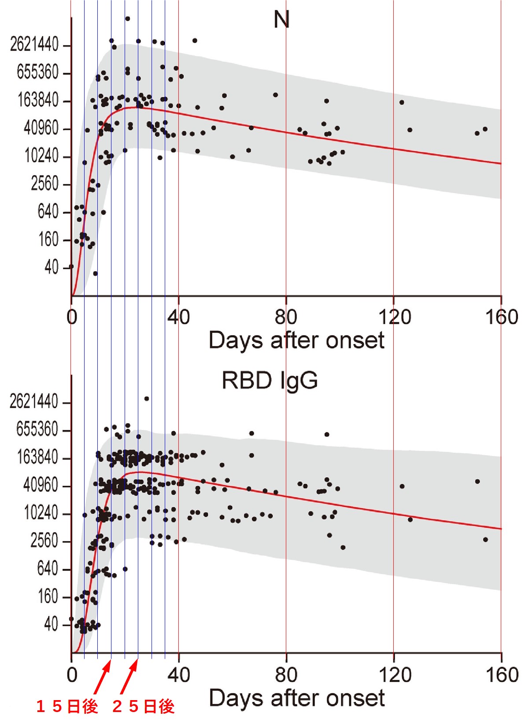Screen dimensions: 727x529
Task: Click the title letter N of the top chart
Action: [281, 20]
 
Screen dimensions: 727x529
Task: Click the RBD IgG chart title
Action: [270, 380]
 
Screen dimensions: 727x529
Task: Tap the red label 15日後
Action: [67, 707]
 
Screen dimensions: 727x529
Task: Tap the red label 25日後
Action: [144, 707]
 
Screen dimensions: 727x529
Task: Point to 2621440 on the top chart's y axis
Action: [34, 45]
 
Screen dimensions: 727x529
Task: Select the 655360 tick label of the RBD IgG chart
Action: [37, 429]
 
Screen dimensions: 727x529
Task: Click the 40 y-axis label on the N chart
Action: [51, 267]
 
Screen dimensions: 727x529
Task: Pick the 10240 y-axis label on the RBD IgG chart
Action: [41, 513]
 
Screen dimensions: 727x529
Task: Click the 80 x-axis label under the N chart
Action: [286, 317]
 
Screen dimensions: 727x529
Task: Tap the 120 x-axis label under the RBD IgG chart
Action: [394, 675]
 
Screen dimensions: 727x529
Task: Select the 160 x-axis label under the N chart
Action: [501, 317]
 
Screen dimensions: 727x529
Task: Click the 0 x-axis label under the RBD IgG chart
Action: [72, 675]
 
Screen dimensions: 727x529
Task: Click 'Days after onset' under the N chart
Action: [296, 340]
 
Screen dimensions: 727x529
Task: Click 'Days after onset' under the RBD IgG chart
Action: [296, 698]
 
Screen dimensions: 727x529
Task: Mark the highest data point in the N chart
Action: [127, 19]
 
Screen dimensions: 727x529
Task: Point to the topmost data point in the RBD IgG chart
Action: [147, 399]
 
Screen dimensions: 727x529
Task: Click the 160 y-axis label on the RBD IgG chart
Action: [48, 597]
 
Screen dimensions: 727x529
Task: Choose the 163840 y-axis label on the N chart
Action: [38, 101]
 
